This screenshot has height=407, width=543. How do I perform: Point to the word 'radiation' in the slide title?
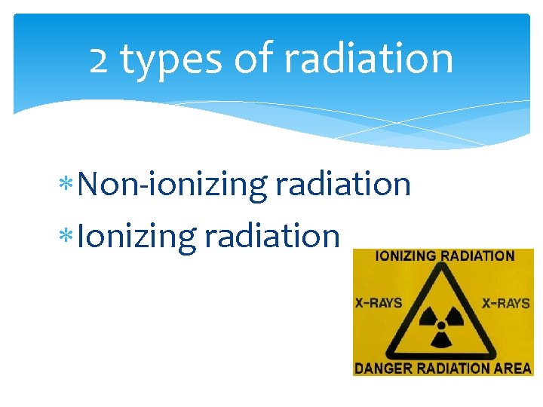tap(367, 60)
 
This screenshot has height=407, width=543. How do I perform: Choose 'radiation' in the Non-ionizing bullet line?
tap(343, 184)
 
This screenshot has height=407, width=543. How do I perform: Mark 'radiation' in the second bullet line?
tap(272, 235)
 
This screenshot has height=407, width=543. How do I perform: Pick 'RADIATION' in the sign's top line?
tap(478, 256)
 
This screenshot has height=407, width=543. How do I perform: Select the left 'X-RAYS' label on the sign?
tap(379, 304)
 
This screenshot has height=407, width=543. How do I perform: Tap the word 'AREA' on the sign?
tap(513, 369)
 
